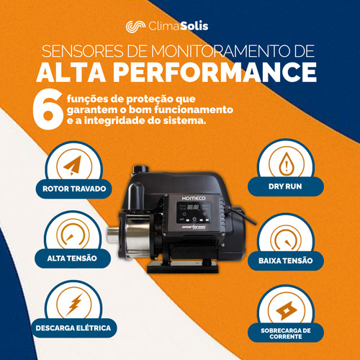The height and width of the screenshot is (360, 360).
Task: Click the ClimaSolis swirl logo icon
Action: (x=135, y=26)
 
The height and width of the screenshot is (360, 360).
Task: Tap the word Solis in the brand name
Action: (x=194, y=26)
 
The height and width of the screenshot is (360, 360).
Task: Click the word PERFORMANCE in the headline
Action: (x=215, y=72)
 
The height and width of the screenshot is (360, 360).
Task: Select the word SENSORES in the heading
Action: (x=82, y=50)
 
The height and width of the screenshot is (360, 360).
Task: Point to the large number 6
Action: (x=48, y=109)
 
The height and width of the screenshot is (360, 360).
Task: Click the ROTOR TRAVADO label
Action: (x=74, y=189)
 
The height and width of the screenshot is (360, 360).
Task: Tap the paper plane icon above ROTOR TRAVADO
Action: (x=73, y=165)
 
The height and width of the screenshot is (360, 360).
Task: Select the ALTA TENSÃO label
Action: (x=72, y=258)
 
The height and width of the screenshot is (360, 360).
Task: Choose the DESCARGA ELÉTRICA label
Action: (x=73, y=328)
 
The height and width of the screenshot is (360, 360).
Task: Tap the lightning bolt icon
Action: (x=74, y=305)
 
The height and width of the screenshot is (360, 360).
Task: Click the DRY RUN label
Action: (x=285, y=186)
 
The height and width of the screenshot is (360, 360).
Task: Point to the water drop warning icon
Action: (x=287, y=163)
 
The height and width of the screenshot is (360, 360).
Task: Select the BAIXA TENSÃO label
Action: (x=286, y=261)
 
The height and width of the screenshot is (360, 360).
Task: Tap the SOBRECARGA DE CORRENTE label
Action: (x=286, y=333)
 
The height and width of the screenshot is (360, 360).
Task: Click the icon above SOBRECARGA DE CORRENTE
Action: (x=286, y=311)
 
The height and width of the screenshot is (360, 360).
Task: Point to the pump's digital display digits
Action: (x=193, y=207)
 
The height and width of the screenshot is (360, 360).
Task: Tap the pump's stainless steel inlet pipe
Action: (x=113, y=234)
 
